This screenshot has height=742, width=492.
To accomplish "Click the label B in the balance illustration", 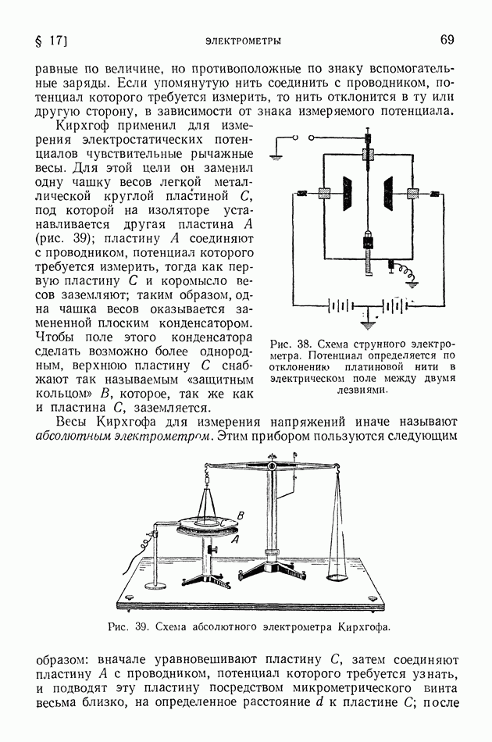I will click(x=241, y=514).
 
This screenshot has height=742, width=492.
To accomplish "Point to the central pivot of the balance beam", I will click(x=272, y=467).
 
